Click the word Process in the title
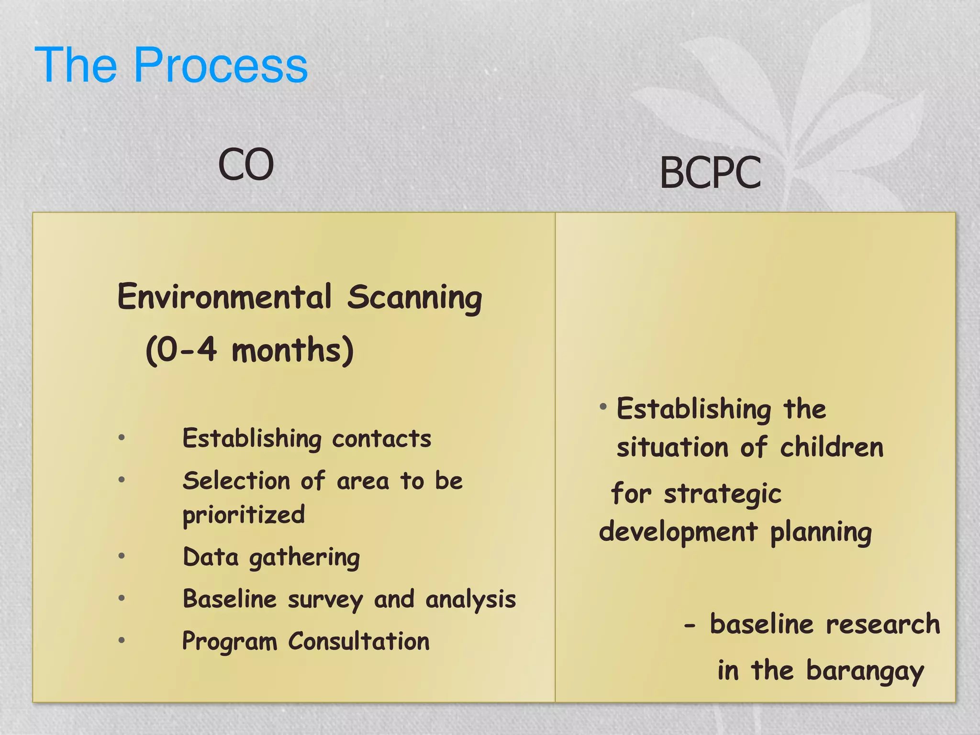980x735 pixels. point(221,66)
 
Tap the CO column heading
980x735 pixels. point(246,165)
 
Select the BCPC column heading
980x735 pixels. point(710,173)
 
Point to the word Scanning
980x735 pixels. point(414,298)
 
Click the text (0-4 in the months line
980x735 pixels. point(181,350)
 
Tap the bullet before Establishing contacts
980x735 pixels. point(122,437)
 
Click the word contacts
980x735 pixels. point(381,439)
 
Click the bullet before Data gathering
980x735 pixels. point(122,556)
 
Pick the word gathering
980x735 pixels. point(304,558)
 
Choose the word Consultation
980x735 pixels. point(358,641)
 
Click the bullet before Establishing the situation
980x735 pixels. point(603,407)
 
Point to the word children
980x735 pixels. point(831,448)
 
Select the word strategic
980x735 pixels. point(722,494)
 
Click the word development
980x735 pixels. point(678,532)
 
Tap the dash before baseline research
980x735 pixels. point(690,625)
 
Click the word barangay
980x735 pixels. point(865,671)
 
